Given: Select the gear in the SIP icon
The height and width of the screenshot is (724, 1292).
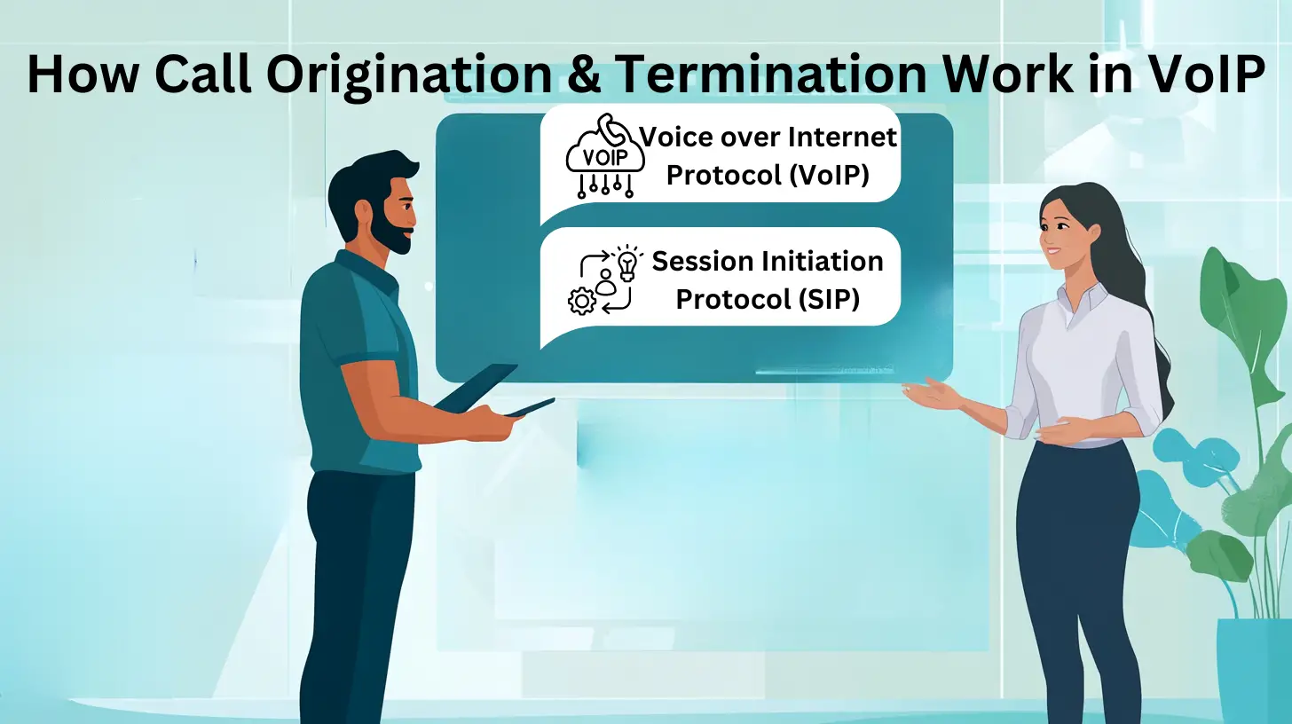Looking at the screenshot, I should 581,303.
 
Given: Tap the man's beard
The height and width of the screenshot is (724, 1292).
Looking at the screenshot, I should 390,231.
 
